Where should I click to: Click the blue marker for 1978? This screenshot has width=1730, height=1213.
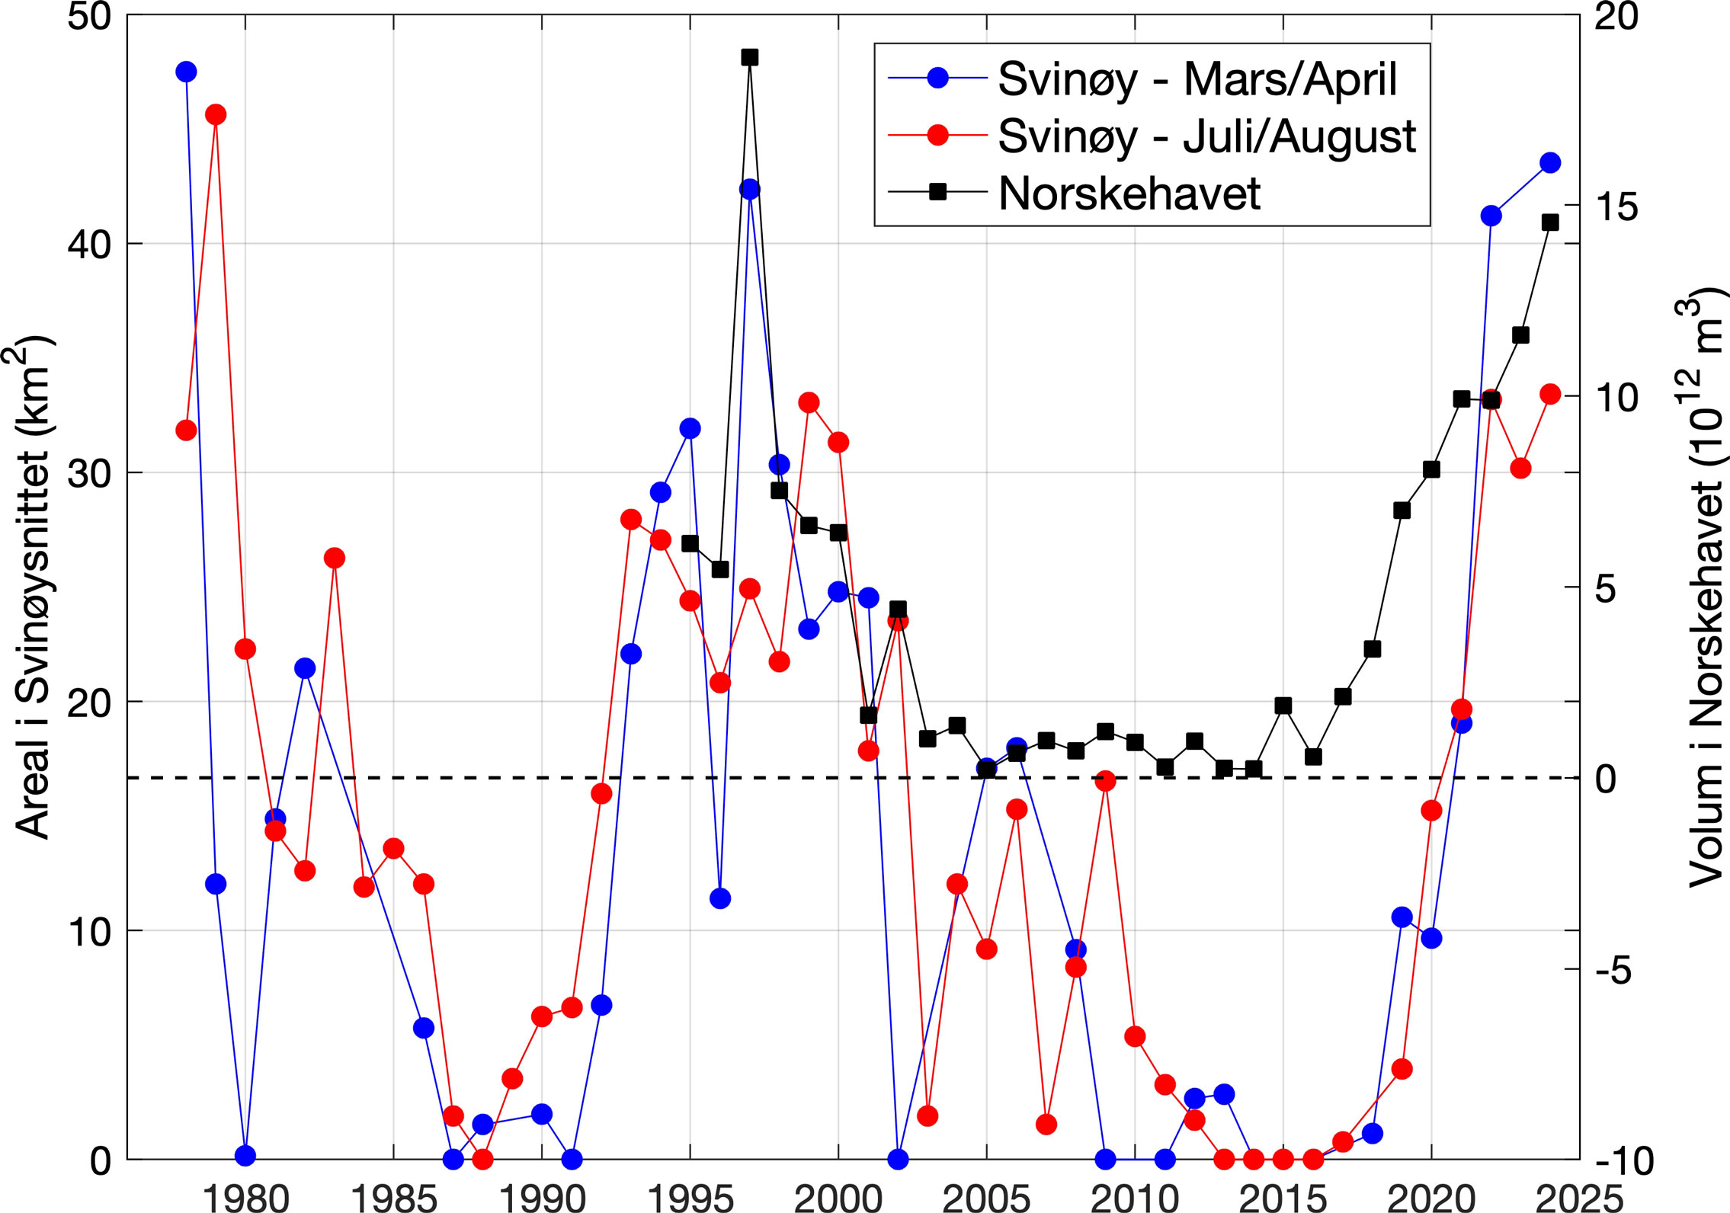(x=186, y=72)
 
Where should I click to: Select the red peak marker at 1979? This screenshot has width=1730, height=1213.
(x=216, y=115)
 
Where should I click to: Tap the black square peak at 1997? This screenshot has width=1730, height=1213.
(x=750, y=57)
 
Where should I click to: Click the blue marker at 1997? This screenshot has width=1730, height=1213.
(x=750, y=189)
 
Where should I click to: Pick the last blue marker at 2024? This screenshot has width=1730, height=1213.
(x=1550, y=162)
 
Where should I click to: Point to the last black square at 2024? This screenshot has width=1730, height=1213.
(x=1550, y=222)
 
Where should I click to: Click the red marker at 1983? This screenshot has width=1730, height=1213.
(x=334, y=558)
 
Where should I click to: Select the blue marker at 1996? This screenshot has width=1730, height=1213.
(x=720, y=898)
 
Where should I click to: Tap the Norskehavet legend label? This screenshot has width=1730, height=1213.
(x=1129, y=194)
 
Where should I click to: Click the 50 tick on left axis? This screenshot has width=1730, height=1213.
(x=89, y=16)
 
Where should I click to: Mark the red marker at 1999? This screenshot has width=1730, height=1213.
(x=809, y=402)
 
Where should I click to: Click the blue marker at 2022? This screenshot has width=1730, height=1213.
(x=1491, y=216)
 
